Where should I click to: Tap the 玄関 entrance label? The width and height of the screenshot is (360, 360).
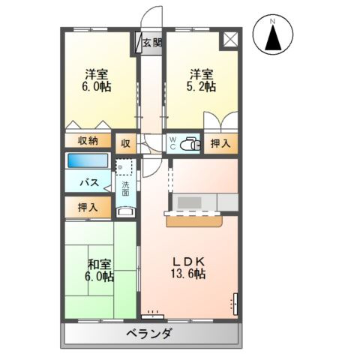[151, 43]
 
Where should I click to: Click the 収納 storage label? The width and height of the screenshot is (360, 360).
[87, 140]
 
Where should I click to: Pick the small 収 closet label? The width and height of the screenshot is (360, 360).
[124, 141]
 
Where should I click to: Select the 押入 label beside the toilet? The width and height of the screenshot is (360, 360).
[220, 142]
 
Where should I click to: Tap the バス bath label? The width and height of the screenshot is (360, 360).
[91, 182]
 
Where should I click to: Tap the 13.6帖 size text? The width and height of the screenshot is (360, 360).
[189, 274]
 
